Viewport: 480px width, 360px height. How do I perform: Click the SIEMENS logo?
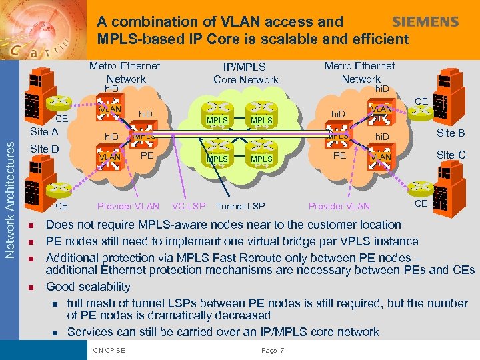pyautogui.click(x=425, y=22)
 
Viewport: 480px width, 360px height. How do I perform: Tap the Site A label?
pyautogui.click(x=45, y=132)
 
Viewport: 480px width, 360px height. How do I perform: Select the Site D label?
pyautogui.click(x=45, y=148)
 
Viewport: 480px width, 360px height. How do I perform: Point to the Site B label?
pyautogui.click(x=451, y=133)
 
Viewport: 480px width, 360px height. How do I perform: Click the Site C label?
pyautogui.click(x=451, y=155)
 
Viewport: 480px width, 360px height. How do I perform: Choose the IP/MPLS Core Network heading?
pyautogui.click(x=246, y=73)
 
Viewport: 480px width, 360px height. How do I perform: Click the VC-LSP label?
pyautogui.click(x=189, y=206)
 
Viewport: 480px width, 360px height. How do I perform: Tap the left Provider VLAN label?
pyautogui.click(x=128, y=206)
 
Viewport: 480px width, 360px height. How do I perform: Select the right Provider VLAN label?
pyautogui.click(x=339, y=206)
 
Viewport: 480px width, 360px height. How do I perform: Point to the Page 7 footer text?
pyautogui.click(x=273, y=351)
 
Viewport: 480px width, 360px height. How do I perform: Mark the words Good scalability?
pyautogui.click(x=88, y=287)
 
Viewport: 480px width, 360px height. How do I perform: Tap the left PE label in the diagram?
pyautogui.click(x=147, y=155)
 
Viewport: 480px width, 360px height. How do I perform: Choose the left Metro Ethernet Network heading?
pyautogui.click(x=125, y=72)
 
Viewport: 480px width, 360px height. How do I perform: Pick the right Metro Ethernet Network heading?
pyautogui.click(x=359, y=72)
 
